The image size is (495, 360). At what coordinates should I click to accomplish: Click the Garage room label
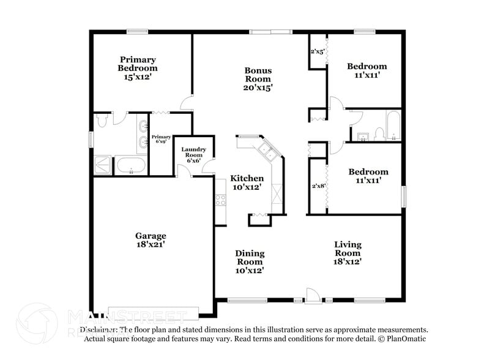pos(151,236)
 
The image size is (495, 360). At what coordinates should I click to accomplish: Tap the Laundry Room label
pos(193,149)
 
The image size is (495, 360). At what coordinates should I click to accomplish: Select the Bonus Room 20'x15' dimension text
pos(258,88)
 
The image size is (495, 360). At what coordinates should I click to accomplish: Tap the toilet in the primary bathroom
pos(102,121)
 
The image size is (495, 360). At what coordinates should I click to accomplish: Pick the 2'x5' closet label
pos(317,51)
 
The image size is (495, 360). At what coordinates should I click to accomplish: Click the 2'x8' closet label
pos(317,186)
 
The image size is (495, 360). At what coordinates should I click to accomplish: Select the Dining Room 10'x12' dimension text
pos(250,270)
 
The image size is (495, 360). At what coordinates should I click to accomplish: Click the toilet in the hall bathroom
pos(379,133)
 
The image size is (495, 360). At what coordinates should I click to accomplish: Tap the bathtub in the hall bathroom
pos(393,126)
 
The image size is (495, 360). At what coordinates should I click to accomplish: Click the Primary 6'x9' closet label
pos(161,140)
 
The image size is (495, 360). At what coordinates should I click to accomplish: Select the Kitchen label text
pos(247,178)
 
